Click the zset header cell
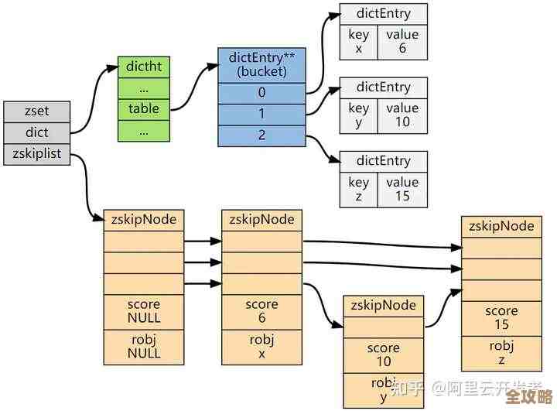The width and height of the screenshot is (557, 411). click(x=36, y=111)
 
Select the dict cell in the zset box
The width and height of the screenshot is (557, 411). click(x=36, y=132)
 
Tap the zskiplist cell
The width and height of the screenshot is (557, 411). click(x=36, y=154)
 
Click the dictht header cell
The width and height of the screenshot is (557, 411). click(x=143, y=67)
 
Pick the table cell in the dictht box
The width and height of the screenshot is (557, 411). click(x=143, y=108)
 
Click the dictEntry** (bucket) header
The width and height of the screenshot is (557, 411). click(x=262, y=64)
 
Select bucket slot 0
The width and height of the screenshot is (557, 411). click(x=262, y=93)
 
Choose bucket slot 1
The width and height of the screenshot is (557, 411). click(x=262, y=115)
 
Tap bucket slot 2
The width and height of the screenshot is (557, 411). click(x=262, y=135)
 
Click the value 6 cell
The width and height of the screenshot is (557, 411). click(x=402, y=41)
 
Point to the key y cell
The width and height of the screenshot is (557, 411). click(x=358, y=115)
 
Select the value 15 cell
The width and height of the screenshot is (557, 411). click(x=402, y=190)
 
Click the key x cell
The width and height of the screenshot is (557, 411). click(x=358, y=41)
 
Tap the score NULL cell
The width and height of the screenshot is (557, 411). click(x=143, y=311)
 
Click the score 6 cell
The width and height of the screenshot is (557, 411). click(x=261, y=311)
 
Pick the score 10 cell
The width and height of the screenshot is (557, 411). click(x=384, y=355)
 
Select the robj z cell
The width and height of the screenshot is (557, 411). click(x=501, y=353)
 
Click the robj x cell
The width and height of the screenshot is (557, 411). click(x=261, y=347)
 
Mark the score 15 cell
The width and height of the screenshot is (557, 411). click(x=501, y=318)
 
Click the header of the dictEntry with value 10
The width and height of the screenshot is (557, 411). click(x=383, y=87)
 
